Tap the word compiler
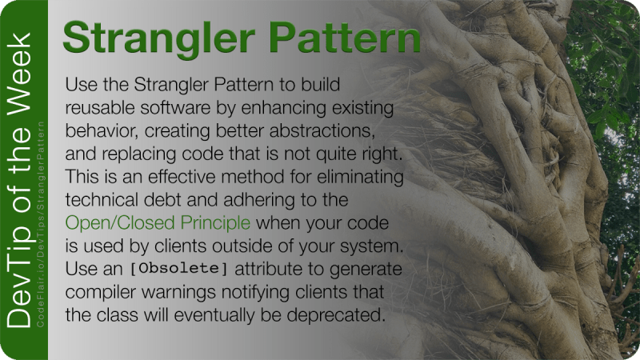(x=100, y=291)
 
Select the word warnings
(x=174, y=291)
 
